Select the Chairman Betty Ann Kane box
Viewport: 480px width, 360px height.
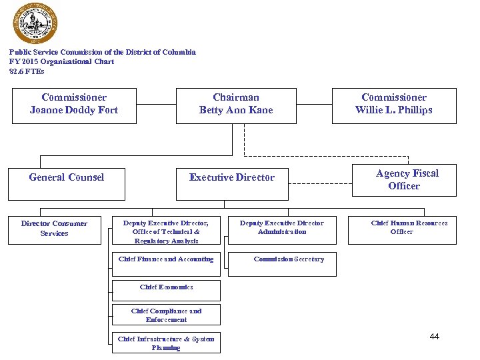tap(236, 105)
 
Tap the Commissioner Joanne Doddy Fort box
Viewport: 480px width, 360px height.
tap(74, 105)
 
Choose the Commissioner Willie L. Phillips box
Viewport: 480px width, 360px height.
tap(394, 105)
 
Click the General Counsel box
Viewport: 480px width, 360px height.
tap(67, 183)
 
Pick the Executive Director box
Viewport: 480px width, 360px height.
tap(231, 183)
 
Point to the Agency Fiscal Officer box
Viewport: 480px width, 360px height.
tap(404, 179)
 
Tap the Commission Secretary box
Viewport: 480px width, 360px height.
tap(288, 263)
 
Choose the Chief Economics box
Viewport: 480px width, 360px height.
tap(166, 288)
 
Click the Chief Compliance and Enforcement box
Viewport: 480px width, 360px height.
tap(166, 315)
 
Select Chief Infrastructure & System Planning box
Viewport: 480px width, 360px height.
tap(166, 343)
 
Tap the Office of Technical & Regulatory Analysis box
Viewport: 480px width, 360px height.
tap(166, 231)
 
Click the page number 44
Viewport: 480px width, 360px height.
tap(435, 337)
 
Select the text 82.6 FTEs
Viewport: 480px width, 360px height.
tap(27, 71)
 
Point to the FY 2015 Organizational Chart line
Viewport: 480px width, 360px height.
tap(61, 61)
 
